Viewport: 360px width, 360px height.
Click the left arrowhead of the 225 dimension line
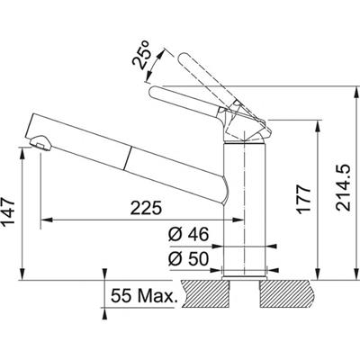tap(47, 219)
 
